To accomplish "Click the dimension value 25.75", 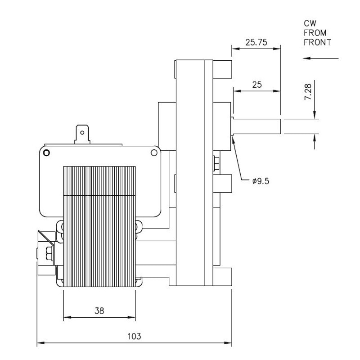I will click(256, 43).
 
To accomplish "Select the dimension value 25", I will click(256, 85).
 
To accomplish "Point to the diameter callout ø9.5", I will click(261, 181).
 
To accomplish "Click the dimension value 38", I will click(99, 310).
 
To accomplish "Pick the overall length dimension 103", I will click(134, 336).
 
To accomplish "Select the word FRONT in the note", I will click(317, 43).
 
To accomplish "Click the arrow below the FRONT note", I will click(320, 58).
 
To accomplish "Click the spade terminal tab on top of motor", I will click(82, 134).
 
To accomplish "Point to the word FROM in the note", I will click(315, 33).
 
